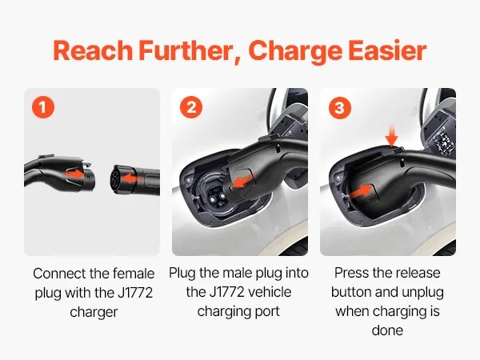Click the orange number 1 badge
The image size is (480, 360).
[x=43, y=107]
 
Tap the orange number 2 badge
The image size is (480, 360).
[x=191, y=107]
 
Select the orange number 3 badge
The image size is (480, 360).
[x=339, y=107]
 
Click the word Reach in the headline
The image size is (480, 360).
[x=93, y=50]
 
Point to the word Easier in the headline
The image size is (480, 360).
[x=387, y=50]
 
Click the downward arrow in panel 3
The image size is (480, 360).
[x=391, y=137]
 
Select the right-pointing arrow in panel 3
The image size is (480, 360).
[x=361, y=191]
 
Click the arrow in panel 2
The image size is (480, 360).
[x=242, y=182]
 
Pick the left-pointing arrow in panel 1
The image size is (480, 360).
[x=130, y=178]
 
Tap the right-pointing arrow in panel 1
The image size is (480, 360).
[x=74, y=174]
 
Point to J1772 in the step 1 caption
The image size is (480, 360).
[x=135, y=293]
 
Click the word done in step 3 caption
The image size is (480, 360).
[x=387, y=330]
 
